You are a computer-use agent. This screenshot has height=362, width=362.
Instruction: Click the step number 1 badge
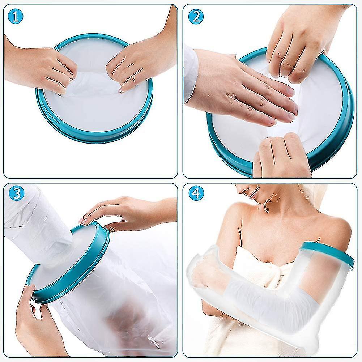coord(16,16)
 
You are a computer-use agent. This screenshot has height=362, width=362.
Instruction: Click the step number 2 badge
coord(196,16)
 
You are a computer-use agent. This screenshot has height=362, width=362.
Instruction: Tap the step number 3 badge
coord(16,193)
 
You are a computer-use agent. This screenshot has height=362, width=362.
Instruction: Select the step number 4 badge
coord(196,193)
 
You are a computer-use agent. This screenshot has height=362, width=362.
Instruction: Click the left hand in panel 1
coord(43,67)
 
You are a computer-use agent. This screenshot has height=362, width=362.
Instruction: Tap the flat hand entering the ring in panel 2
coord(246,90)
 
